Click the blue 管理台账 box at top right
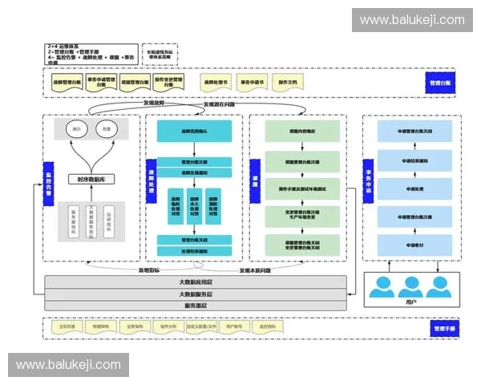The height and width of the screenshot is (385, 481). (440, 83)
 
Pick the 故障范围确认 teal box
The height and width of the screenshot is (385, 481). (194, 131)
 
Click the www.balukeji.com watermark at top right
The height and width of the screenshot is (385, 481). (412, 20)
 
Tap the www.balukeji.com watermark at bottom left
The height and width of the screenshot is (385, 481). (69, 365)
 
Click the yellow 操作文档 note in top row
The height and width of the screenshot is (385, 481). (286, 83)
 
